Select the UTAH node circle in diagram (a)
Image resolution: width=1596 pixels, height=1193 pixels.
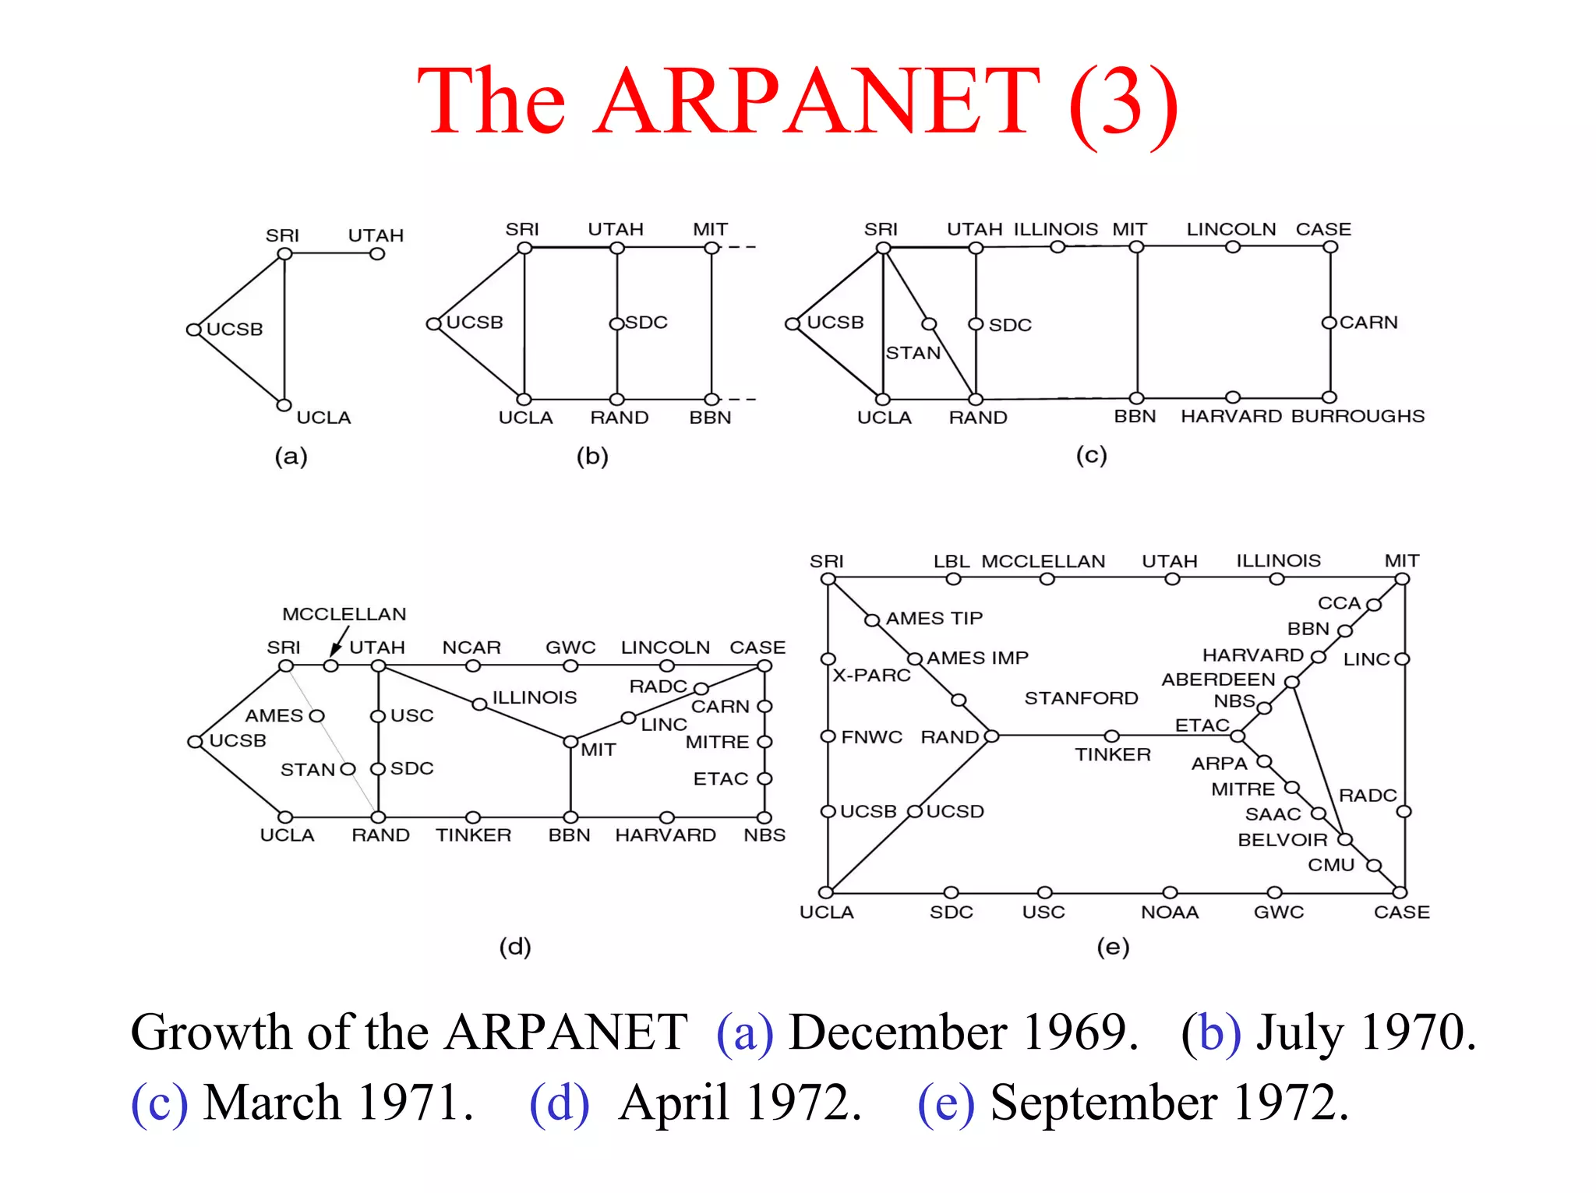[377, 254]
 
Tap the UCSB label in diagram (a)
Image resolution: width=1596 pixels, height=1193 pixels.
[235, 330]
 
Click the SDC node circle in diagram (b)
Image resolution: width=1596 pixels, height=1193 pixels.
[616, 323]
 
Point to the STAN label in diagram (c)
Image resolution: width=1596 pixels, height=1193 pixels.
[913, 353]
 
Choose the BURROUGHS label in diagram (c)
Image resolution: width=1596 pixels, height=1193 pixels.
[1358, 416]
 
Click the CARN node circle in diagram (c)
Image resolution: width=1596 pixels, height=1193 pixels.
[1329, 323]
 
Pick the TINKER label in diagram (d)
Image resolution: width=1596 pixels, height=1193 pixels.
[473, 835]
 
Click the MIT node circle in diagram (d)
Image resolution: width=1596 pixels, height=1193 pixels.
[570, 741]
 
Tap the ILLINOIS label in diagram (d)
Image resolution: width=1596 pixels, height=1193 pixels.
[534, 697]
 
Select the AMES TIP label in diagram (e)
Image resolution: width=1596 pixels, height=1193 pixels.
[934, 619]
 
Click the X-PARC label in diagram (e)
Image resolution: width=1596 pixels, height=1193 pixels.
[871, 675]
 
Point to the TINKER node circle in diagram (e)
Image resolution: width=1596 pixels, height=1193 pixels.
[1112, 736]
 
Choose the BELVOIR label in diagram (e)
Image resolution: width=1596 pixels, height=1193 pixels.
[1282, 840]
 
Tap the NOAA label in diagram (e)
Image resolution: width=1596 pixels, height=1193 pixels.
[1170, 912]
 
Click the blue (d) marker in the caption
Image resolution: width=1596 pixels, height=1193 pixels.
[559, 1103]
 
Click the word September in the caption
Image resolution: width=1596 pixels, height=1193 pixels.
[1103, 1103]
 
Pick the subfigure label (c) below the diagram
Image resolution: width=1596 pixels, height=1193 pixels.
[1091, 455]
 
